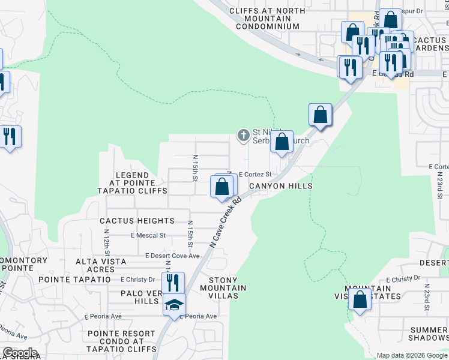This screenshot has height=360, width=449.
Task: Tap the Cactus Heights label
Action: click(x=137, y=221)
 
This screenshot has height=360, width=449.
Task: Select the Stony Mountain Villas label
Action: click(x=227, y=288)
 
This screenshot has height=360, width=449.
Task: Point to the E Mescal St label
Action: click(x=148, y=236)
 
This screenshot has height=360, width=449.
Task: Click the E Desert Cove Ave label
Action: click(x=173, y=256)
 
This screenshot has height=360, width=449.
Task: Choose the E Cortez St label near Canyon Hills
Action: click(x=256, y=175)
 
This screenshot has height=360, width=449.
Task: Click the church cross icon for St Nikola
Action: click(x=244, y=135)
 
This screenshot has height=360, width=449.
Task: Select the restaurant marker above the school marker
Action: click(x=173, y=282)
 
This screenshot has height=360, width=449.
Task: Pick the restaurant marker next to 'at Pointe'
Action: click(x=10, y=136)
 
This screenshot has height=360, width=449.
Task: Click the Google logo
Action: click(x=20, y=353)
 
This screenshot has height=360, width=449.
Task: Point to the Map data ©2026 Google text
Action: click(x=411, y=355)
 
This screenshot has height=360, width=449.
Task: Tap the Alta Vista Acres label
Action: click(x=101, y=265)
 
